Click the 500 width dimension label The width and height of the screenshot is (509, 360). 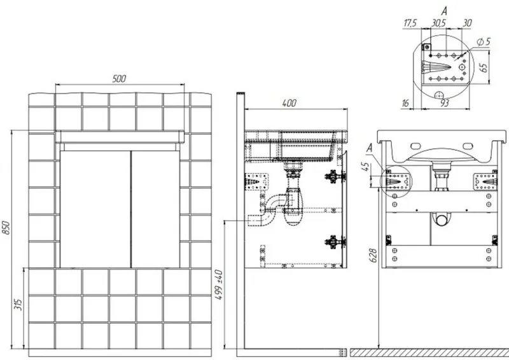[x=119, y=79]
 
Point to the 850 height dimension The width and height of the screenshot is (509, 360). [x=6, y=228]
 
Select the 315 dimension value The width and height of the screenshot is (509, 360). [x=19, y=305]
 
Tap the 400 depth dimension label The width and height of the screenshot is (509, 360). [x=289, y=103]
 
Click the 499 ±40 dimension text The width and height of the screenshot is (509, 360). [x=220, y=285]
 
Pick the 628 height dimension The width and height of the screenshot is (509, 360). [x=373, y=256]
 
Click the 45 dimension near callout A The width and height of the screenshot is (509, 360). [x=365, y=167]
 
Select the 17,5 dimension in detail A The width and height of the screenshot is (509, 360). [x=410, y=24]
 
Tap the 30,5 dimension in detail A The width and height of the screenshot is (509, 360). [x=438, y=23]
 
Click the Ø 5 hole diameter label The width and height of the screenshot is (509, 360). [x=484, y=41]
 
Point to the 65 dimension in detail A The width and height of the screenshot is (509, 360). [x=484, y=67]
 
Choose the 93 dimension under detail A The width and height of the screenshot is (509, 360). [x=445, y=103]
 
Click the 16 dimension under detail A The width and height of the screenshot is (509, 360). [x=405, y=103]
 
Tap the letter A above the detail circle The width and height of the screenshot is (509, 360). [x=444, y=11]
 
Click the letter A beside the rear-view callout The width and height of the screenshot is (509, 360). [x=370, y=148]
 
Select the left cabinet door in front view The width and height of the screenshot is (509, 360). [x=95, y=209]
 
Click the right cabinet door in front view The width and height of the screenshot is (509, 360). [x=155, y=209]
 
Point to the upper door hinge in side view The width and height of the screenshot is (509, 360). [x=335, y=177]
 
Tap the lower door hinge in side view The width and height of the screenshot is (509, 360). [x=335, y=242]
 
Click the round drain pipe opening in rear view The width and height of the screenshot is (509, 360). [x=442, y=221]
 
